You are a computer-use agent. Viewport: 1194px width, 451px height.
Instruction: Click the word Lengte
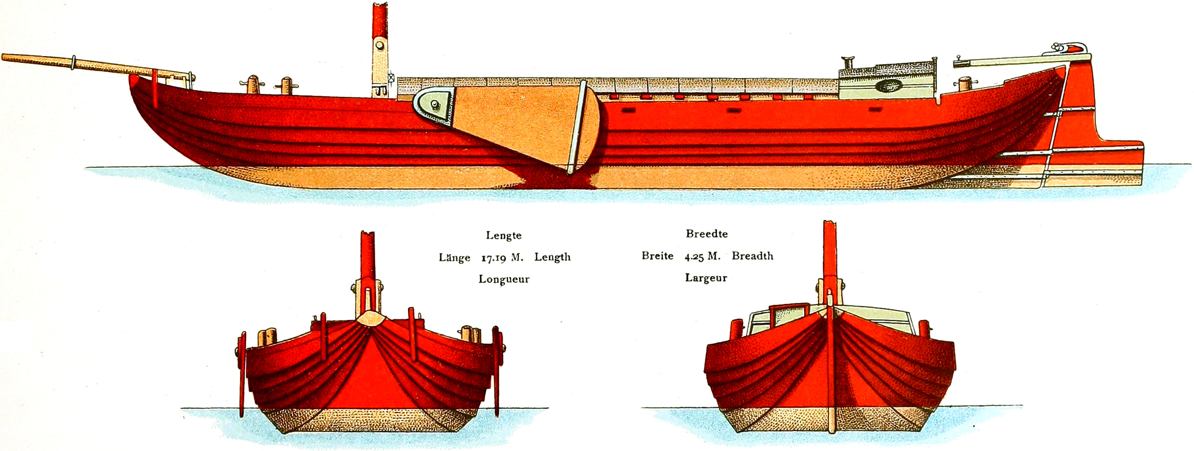[503, 235]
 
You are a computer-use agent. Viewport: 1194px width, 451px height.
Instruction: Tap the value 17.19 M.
[502, 258]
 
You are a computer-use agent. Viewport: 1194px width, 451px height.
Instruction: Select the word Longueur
[504, 279]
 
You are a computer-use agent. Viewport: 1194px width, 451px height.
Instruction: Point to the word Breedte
[707, 233]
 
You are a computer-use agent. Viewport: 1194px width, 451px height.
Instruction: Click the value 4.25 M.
[702, 257]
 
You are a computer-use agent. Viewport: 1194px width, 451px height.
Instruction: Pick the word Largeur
[706, 278]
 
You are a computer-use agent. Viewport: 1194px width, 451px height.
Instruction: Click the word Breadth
[752, 256]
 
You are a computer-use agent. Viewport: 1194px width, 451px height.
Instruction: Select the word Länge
[454, 258]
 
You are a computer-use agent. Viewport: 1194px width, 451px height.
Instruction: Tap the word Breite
[657, 256]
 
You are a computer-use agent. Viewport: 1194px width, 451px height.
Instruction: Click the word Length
[553, 257]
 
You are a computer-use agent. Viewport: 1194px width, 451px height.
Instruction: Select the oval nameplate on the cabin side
[888, 86]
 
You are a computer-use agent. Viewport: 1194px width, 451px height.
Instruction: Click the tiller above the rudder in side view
[1005, 60]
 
